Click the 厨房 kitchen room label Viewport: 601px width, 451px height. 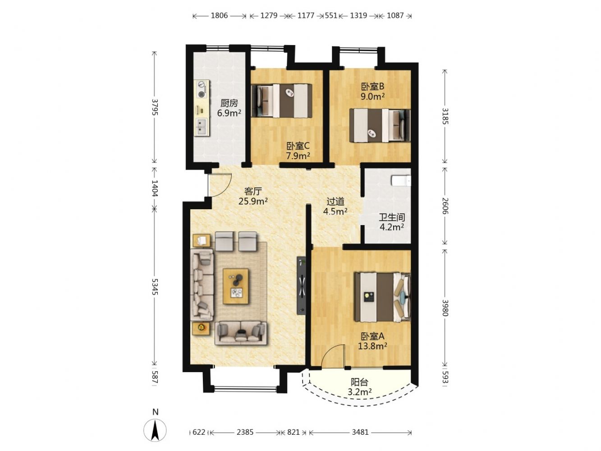(x=229, y=103)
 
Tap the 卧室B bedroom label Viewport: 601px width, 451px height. (x=372, y=87)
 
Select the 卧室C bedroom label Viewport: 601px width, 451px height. (x=298, y=146)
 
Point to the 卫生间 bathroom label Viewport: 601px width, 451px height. (x=392, y=217)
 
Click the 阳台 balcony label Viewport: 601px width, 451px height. (x=359, y=382)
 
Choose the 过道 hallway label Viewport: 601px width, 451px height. (x=335, y=202)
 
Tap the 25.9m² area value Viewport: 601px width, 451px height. (x=253, y=201)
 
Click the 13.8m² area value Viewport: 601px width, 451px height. (x=372, y=346)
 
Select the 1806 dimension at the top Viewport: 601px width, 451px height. (x=219, y=16)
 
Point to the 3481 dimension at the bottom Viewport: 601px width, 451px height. (x=360, y=432)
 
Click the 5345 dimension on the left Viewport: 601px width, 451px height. (x=155, y=287)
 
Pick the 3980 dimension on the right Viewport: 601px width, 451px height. (x=445, y=308)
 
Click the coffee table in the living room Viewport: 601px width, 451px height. (x=236, y=286)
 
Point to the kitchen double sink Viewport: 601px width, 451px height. (x=202, y=127)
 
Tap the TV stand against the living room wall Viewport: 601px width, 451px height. (x=302, y=285)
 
